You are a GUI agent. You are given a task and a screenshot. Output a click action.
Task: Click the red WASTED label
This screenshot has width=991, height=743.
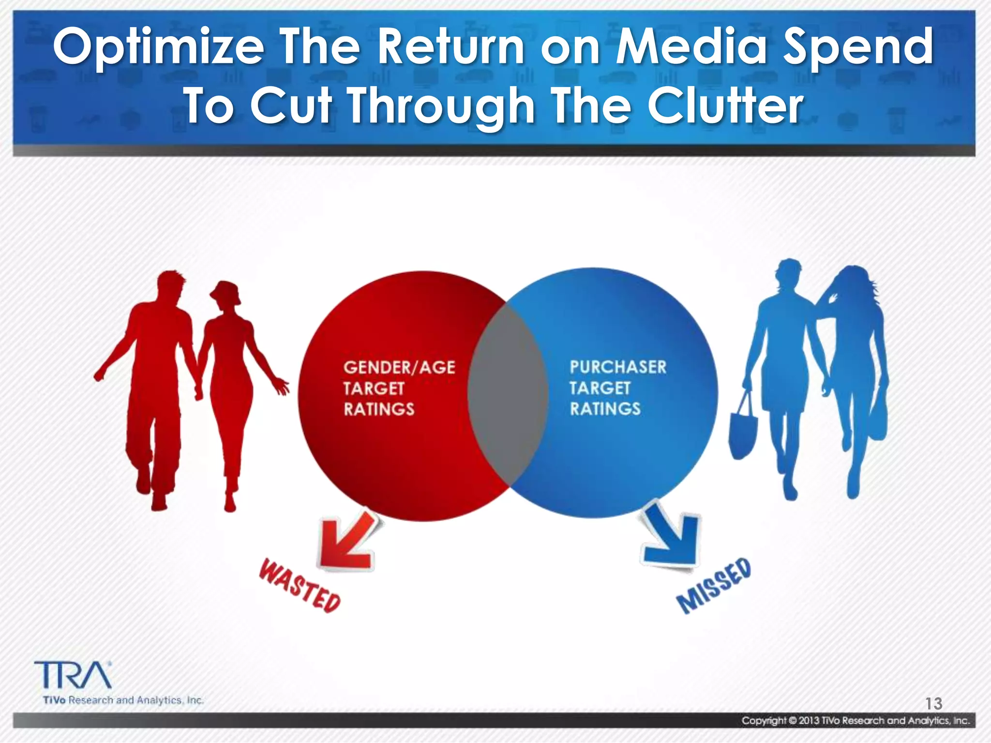click(300, 586)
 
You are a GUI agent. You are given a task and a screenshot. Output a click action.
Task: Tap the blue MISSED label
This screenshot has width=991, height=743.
click(714, 586)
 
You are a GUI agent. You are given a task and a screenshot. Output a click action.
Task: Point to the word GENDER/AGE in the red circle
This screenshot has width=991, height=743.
click(399, 368)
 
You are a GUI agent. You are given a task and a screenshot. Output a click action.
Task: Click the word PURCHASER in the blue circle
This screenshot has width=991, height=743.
click(618, 367)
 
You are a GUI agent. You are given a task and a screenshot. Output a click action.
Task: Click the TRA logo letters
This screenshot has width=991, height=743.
click(73, 675)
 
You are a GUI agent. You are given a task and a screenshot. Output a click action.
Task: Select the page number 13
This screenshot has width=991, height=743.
click(933, 703)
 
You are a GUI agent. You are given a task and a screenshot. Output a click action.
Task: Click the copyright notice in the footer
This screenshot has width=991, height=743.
click(856, 721)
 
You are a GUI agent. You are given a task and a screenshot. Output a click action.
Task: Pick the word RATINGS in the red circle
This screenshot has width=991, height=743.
click(379, 409)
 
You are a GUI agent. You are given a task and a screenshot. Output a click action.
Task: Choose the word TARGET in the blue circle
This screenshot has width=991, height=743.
click(600, 388)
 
